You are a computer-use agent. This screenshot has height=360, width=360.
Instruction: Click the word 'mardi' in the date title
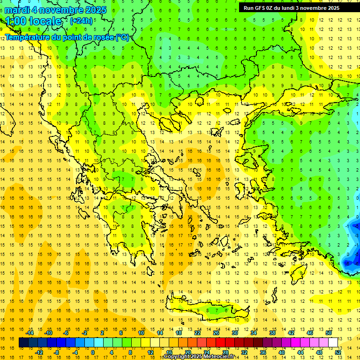pos(17,10)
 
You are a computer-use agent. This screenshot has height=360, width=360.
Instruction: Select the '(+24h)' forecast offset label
pos(81,21)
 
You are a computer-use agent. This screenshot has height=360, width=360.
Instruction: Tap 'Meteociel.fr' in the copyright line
pos(219,357)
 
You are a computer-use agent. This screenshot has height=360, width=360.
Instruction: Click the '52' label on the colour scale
pos(338,352)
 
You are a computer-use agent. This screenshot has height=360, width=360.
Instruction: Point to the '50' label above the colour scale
pos(329,333)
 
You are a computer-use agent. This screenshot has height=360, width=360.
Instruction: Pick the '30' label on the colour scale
pos(235,333)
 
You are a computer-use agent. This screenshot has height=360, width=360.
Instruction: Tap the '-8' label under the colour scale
pos(57,352)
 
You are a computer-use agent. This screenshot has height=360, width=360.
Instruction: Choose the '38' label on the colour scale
pos(272,333)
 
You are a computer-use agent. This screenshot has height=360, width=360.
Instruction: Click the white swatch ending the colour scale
pos(333,343)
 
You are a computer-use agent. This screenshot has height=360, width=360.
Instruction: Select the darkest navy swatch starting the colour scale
pos(23,343)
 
